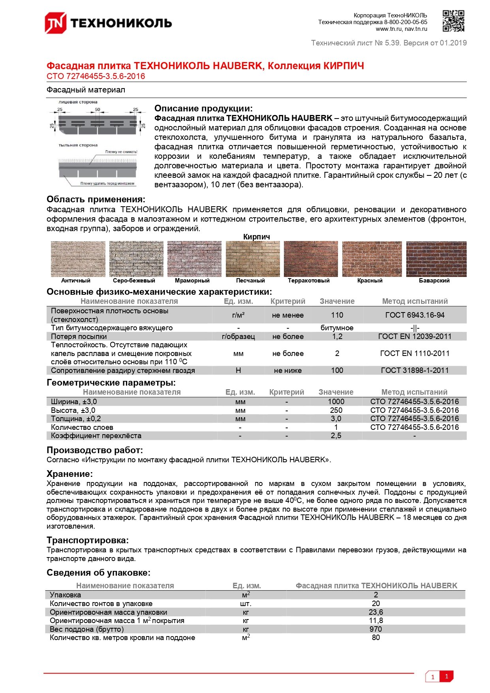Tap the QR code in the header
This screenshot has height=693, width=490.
click(x=453, y=21)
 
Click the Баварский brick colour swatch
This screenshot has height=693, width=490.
click(x=436, y=259)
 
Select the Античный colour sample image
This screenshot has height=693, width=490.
click(x=78, y=259)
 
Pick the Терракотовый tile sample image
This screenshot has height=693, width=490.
click(x=310, y=259)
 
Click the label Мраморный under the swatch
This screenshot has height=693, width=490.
click(x=192, y=281)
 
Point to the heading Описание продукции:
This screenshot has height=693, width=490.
click(x=203, y=108)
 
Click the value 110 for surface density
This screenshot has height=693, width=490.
click(x=337, y=315)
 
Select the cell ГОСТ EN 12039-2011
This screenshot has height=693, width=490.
click(x=414, y=336)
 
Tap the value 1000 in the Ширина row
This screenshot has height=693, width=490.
click(x=336, y=401)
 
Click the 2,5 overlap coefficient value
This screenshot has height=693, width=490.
click(x=336, y=435)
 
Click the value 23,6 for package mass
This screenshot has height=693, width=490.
click(x=375, y=612)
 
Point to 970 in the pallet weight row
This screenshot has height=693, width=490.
click(x=375, y=629)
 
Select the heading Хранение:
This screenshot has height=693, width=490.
click(x=69, y=474)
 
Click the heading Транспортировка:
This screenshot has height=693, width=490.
click(x=88, y=540)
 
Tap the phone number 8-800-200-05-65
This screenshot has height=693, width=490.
click(x=406, y=22)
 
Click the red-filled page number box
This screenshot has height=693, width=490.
click(x=447, y=676)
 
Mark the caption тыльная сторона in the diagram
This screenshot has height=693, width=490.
click(x=78, y=145)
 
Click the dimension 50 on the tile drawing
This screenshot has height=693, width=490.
click(x=98, y=109)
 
